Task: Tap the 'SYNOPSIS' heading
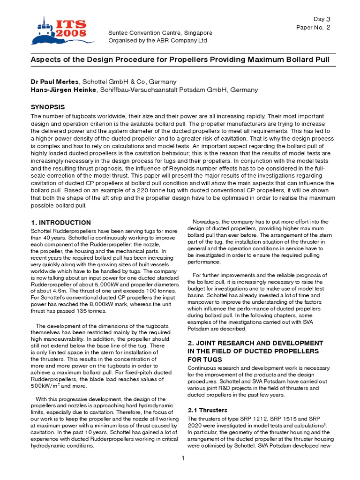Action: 48,107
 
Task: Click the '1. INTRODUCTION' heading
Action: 61,222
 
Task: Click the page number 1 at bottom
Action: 183,458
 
